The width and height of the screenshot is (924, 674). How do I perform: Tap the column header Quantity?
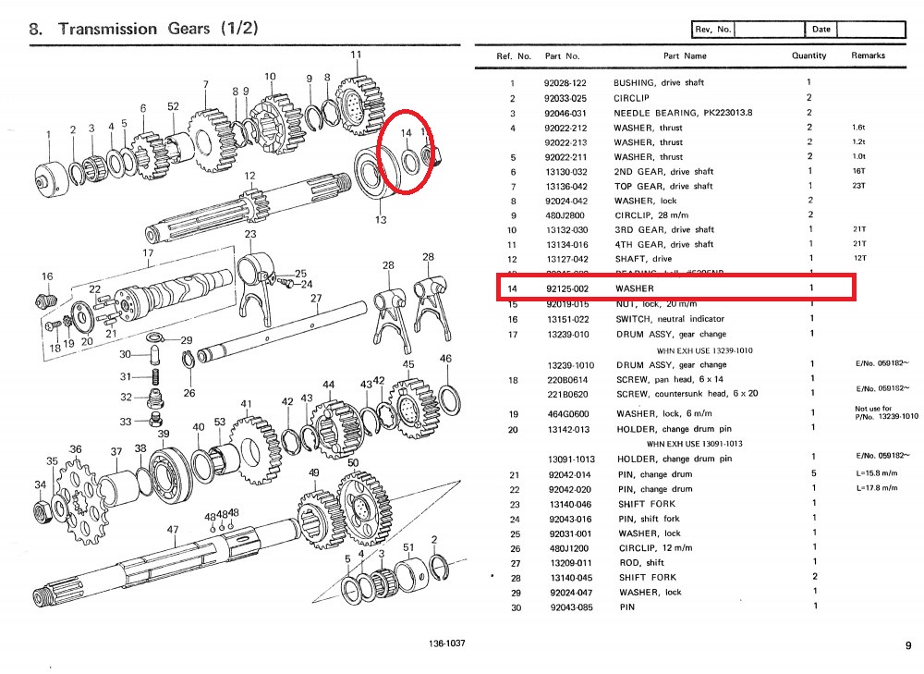pyautogui.click(x=808, y=55)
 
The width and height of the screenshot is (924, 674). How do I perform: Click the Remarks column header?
pyautogui.click(x=868, y=55)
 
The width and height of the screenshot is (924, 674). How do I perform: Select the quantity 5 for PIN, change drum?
pyautogui.click(x=812, y=473)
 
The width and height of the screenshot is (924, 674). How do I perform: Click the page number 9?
pyautogui.click(x=907, y=646)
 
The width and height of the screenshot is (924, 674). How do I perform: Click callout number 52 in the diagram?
pyautogui.click(x=173, y=106)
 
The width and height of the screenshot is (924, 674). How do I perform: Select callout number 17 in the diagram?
pyautogui.click(x=148, y=252)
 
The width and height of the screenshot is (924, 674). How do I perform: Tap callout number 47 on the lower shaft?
pyautogui.click(x=173, y=530)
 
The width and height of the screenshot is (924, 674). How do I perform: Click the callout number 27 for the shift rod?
pyautogui.click(x=316, y=299)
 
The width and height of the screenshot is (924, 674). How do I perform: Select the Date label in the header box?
pyautogui.click(x=821, y=29)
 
